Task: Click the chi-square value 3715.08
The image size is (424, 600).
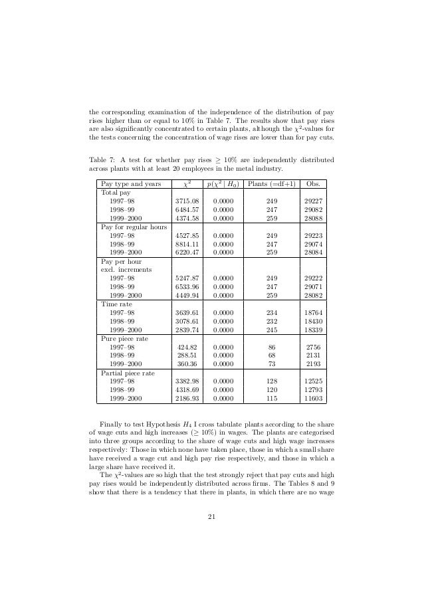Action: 186,200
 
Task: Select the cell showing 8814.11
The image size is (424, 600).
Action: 186,244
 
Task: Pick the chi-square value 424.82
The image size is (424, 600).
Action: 187,347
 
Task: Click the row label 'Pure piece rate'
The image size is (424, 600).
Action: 124,338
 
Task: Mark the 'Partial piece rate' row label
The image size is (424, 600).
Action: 128,373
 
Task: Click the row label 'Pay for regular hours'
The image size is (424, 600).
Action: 134,227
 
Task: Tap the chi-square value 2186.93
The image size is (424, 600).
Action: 186,399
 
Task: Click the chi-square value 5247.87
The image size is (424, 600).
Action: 186,278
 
